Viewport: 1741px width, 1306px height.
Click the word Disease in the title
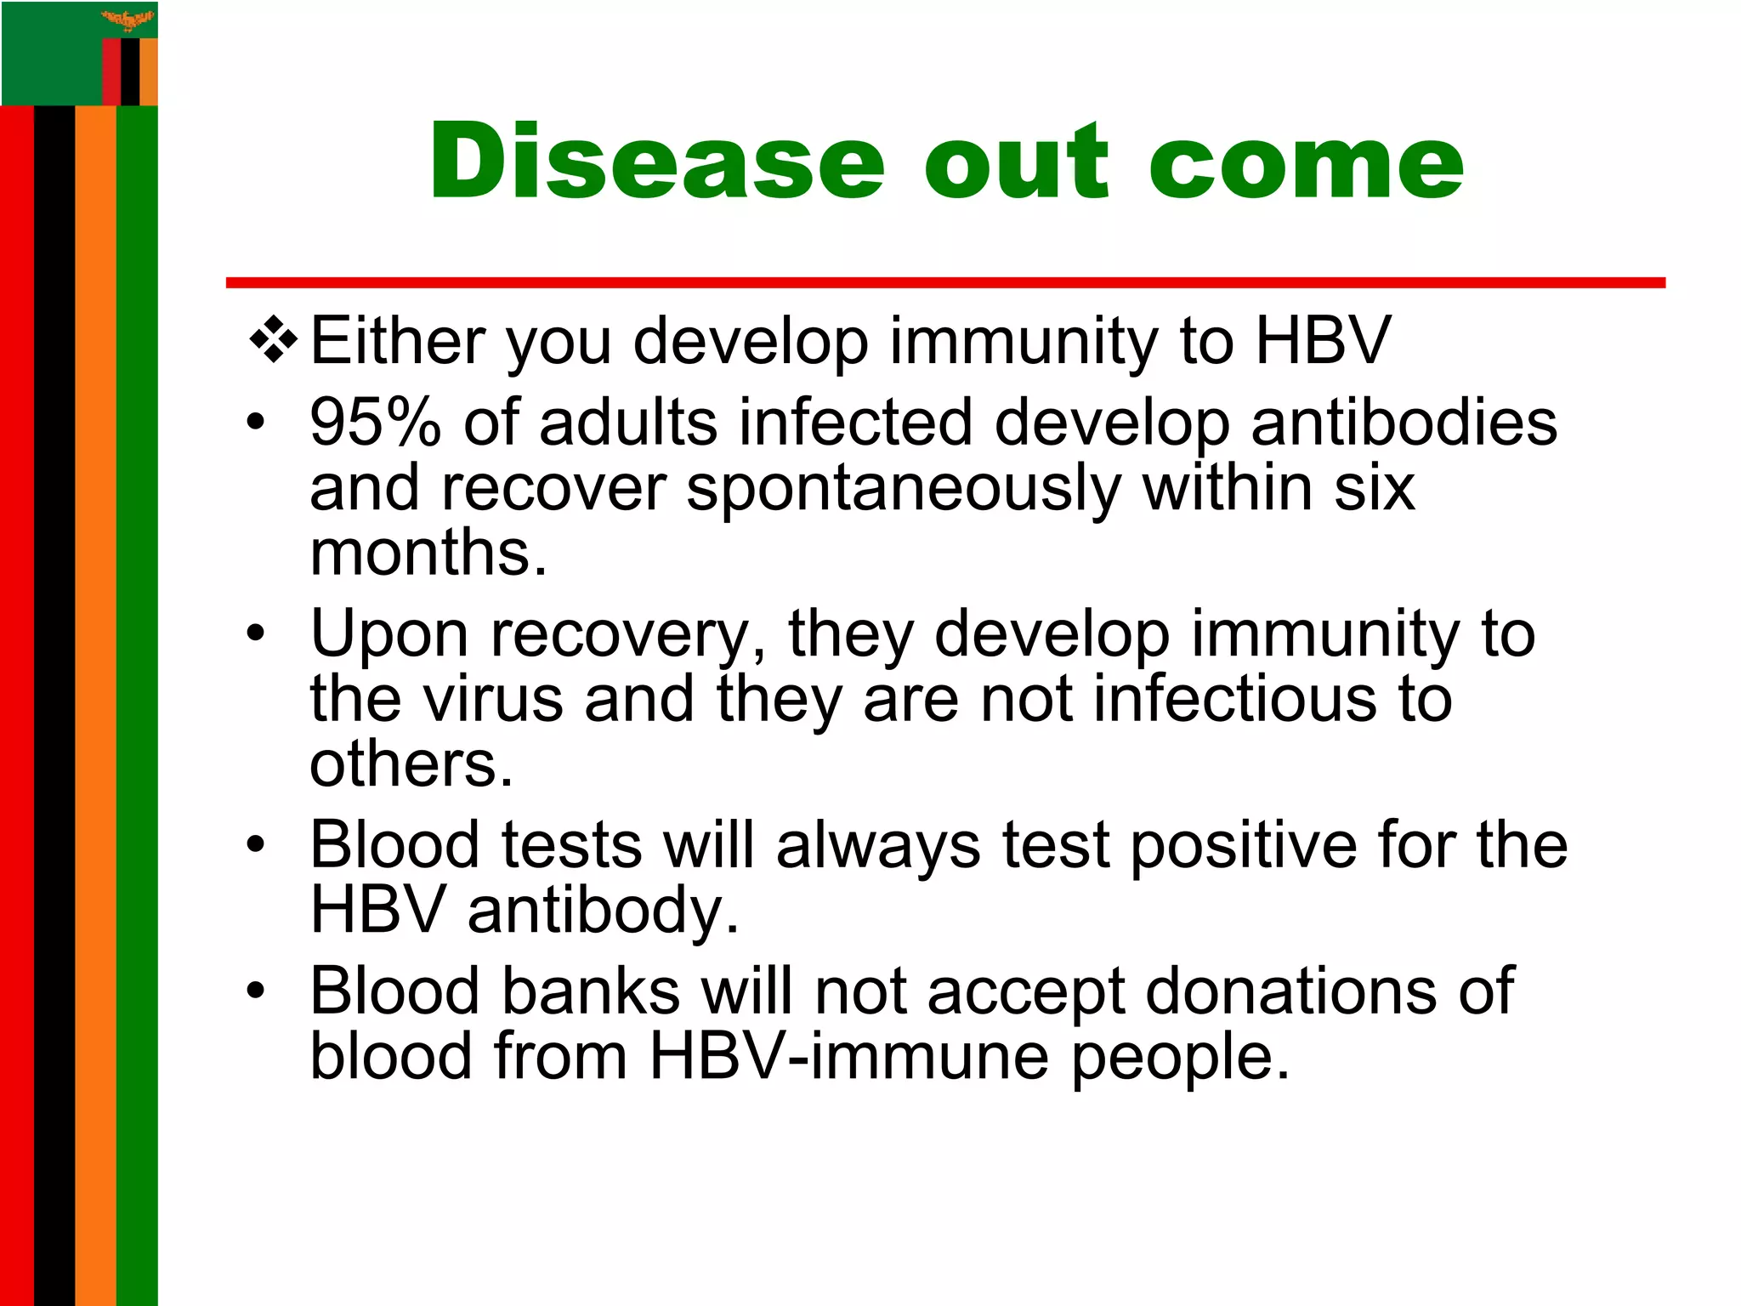(657, 162)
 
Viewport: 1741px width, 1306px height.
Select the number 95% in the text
(375, 423)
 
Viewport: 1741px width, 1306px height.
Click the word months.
(428, 554)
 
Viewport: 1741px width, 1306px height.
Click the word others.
(411, 764)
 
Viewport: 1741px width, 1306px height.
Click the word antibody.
(603, 911)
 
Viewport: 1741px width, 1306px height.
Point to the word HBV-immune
(848, 1057)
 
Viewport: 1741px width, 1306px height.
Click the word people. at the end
(1180, 1059)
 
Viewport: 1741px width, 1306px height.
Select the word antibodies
(1404, 423)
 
